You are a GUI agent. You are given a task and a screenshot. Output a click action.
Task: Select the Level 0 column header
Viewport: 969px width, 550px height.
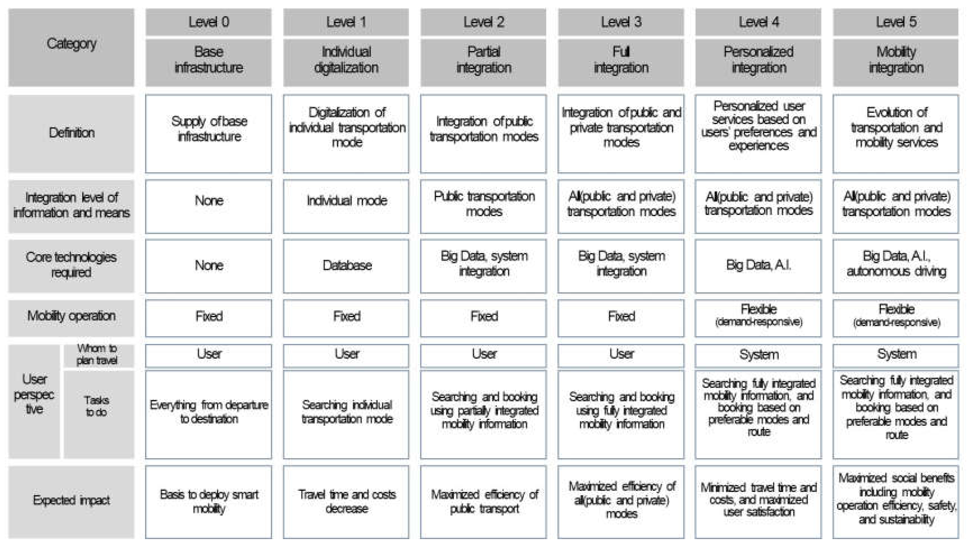[209, 22]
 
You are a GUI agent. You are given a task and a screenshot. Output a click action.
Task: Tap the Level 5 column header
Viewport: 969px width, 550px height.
[896, 22]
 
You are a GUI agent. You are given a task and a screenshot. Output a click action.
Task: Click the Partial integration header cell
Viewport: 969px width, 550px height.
[484, 62]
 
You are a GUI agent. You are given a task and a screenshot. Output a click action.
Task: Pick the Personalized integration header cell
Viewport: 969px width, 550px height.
[758, 62]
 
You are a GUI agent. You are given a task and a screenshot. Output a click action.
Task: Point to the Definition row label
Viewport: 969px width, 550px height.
[71, 133]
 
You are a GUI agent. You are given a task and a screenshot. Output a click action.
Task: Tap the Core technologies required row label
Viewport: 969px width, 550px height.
[71, 265]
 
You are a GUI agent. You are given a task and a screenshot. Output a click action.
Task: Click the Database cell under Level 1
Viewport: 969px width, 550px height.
[346, 265]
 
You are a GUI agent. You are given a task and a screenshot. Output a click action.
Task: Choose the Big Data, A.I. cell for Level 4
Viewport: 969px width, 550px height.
[758, 265]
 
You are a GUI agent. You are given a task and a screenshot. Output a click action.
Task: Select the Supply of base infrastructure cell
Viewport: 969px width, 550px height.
[209, 133]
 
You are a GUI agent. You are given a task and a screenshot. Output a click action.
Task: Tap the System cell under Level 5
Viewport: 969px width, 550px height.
[896, 355]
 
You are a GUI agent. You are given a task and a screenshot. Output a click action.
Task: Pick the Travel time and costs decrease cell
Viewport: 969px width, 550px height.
[346, 502]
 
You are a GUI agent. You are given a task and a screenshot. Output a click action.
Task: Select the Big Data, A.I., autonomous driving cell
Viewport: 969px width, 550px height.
[896, 265]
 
